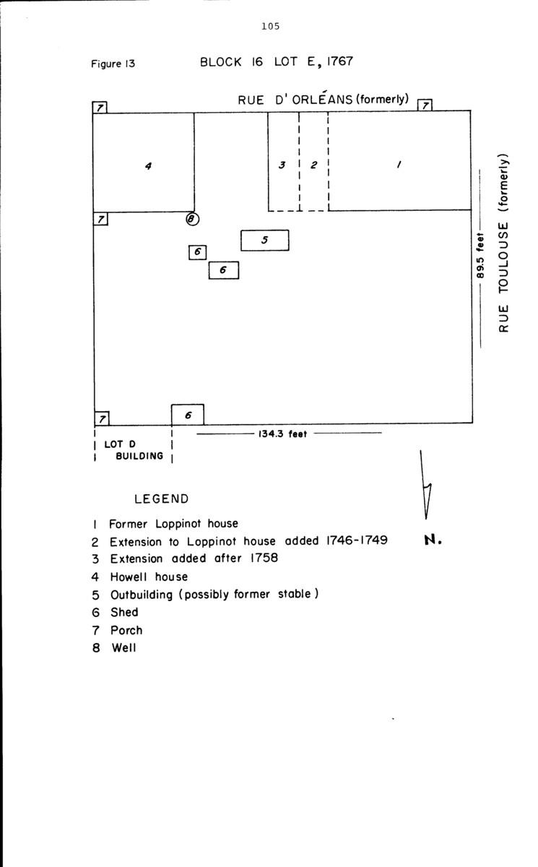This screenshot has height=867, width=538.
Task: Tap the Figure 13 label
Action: pos(113,64)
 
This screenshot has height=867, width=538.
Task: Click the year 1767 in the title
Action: pos(339,61)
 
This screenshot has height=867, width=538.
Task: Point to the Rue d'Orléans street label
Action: pos(324,100)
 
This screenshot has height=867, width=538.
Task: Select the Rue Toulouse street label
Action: pos(504,243)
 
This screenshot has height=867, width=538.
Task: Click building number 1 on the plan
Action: pos(399,164)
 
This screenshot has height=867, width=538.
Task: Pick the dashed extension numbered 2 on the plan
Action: pos(313,165)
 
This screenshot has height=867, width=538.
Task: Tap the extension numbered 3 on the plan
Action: pos(283,165)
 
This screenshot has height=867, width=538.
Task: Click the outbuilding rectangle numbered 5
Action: pos(264,240)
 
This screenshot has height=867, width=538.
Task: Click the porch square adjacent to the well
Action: pos(101,219)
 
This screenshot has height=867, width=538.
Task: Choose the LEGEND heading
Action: pos(162,499)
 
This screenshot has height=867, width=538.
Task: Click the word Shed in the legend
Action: pos(124,612)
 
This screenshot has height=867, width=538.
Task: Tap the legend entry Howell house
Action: pos(149,577)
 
